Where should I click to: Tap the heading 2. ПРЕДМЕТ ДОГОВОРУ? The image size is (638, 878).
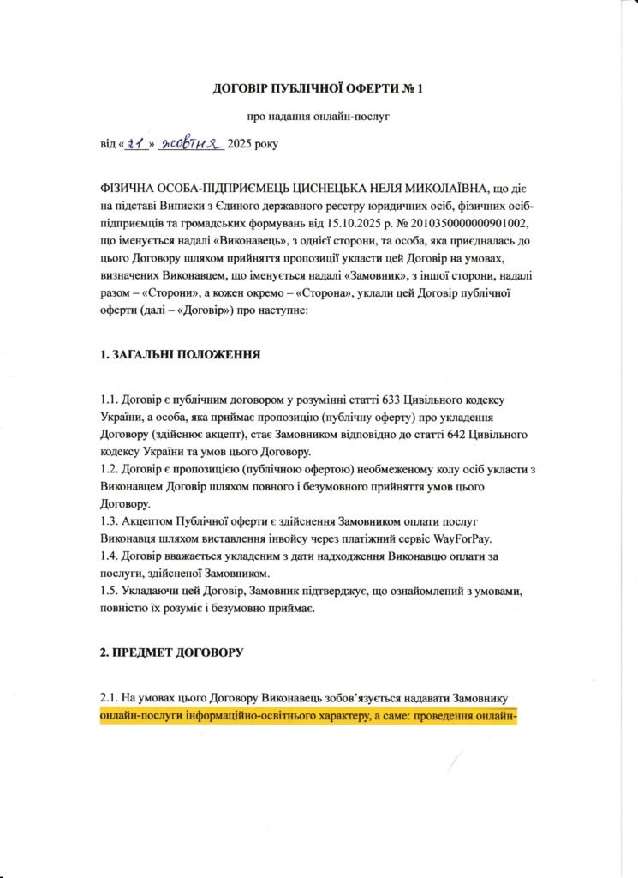point(172,652)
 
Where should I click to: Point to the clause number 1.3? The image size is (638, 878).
point(110,520)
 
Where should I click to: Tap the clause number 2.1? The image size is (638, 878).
point(110,699)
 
